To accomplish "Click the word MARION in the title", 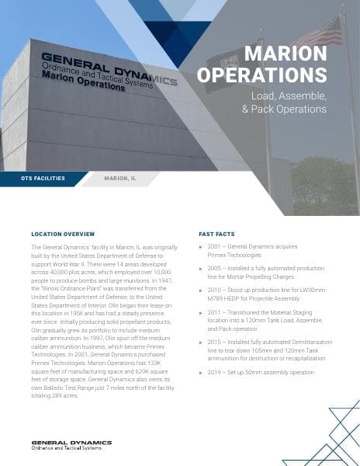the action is (x=285, y=53).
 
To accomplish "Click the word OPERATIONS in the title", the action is (x=261, y=75).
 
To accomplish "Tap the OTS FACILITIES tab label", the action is (x=43, y=178).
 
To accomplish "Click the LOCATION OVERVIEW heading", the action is (x=63, y=233).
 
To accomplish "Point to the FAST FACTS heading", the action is (x=217, y=233).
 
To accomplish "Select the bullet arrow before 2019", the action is (x=202, y=373).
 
